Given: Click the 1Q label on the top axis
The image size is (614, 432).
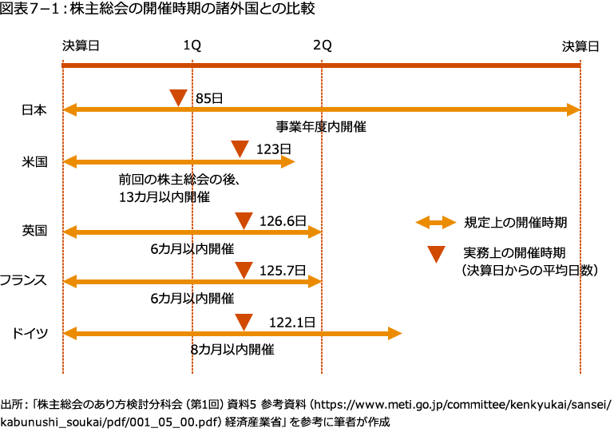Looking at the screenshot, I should pyautogui.click(x=192, y=46).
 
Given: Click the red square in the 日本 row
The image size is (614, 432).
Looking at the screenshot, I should pyautogui.click(x=178, y=97).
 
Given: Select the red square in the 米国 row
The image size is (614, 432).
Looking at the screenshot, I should pyautogui.click(x=240, y=149).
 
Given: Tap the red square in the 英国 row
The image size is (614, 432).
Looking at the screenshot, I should pyautogui.click(x=244, y=220).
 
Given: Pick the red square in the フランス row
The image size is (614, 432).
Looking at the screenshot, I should pyautogui.click(x=244, y=270).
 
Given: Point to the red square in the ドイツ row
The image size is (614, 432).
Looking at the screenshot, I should pyautogui.click(x=244, y=322).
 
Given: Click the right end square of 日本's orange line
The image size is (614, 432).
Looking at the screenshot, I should pyautogui.click(x=572, y=109).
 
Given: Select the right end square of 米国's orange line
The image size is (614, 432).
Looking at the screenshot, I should pyautogui.click(x=287, y=162).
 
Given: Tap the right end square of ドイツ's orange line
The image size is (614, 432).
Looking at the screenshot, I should pyautogui.click(x=394, y=334).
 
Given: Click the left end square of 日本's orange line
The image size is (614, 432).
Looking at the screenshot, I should pyautogui.click(x=71, y=109).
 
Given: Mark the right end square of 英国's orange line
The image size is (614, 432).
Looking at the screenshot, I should pyautogui.click(x=314, y=232).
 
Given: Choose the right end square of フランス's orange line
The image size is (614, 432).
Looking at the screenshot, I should pyautogui.click(x=314, y=281).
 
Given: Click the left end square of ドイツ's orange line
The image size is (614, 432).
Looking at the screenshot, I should pyautogui.click(x=71, y=333).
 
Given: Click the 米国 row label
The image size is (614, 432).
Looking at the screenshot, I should pyautogui.click(x=34, y=162).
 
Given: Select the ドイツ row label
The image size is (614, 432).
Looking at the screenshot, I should pyautogui.click(x=30, y=333).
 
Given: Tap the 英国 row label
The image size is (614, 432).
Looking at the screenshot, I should pyautogui.click(x=34, y=232).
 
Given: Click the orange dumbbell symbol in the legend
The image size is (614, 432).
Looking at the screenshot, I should pyautogui.click(x=436, y=223).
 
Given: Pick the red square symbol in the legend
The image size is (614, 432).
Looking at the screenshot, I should pyautogui.click(x=436, y=254).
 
